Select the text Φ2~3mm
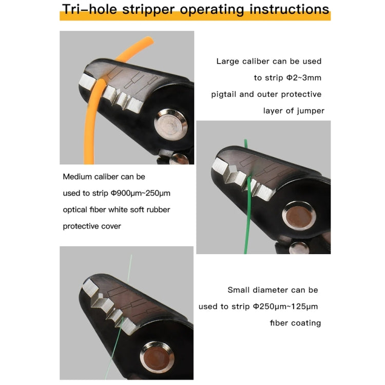coord(302,78)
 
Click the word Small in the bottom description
coord(239,290)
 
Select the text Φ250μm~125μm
coord(285,306)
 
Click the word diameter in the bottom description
coord(276,290)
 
